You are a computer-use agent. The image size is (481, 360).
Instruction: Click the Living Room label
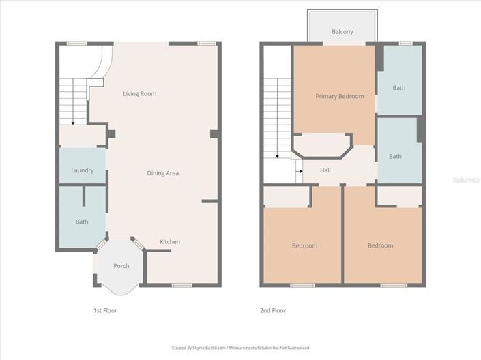139,94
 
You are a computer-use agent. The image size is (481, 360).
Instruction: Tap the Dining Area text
163,173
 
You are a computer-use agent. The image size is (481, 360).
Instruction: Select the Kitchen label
170,242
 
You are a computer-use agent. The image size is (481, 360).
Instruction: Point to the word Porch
121,266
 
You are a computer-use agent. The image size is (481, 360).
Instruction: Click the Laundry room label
82,170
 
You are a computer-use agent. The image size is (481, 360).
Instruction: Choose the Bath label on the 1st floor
82,222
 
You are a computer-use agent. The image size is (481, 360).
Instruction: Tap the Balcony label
342,32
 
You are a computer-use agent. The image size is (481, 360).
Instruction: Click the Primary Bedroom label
339,97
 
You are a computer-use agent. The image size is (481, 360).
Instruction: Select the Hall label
325,170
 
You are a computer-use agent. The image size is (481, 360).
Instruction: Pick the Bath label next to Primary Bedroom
398,88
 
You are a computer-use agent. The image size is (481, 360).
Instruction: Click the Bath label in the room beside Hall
395,156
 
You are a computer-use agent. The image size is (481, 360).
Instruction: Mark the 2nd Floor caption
273,310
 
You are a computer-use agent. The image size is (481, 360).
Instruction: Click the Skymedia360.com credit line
240,348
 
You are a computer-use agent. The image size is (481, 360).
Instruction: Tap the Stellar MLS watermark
465,179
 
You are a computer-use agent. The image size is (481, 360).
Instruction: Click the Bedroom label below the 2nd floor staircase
304,245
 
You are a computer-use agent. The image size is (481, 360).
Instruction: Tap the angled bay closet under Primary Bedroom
322,145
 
